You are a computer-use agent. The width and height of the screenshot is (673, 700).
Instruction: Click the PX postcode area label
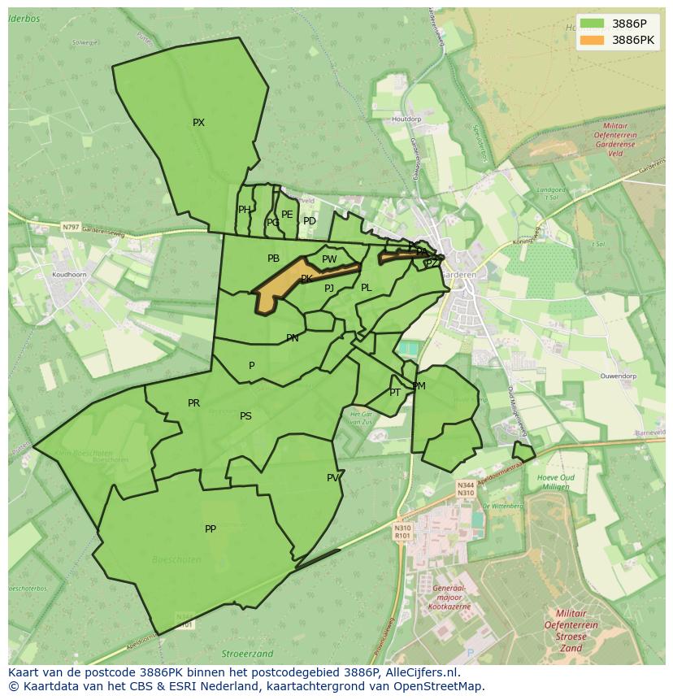coord(198,123)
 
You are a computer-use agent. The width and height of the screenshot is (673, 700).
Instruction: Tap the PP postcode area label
coord(211,529)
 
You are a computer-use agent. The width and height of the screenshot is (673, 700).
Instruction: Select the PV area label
coord(332,478)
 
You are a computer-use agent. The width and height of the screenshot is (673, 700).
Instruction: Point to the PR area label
coord(193,403)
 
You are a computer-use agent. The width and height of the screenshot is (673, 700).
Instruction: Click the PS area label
coord(245,416)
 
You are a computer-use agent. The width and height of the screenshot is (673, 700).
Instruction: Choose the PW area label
coord(329,260)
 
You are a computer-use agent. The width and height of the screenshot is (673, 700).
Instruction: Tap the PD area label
coord(310,221)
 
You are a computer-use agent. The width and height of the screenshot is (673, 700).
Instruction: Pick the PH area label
coord(244,210)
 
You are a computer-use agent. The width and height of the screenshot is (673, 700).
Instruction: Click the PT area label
coord(395,393)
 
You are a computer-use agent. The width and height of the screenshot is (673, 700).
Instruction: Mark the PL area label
coord(367,288)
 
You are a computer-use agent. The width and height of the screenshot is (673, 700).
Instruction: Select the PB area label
coord(273,259)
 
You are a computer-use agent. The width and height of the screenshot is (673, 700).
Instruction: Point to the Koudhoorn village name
coord(69,275)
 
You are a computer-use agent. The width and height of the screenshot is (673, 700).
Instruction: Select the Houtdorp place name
coord(406,119)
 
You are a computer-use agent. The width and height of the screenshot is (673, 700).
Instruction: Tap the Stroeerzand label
coord(247,653)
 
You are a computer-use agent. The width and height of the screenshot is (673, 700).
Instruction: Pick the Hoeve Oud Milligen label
coord(556,482)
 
